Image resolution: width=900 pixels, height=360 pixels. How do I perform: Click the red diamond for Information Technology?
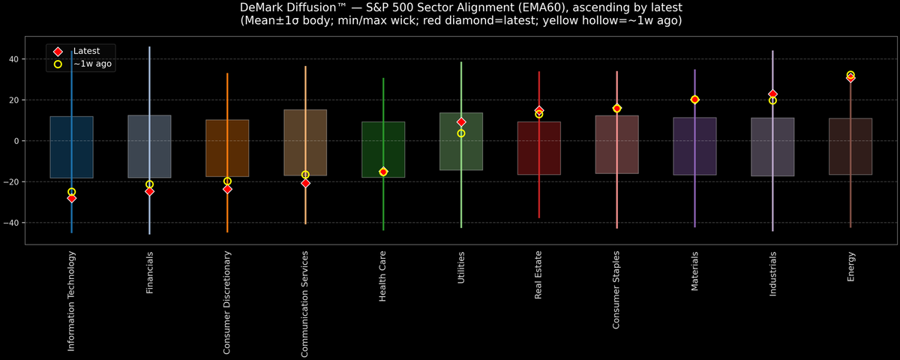[x=71, y=198]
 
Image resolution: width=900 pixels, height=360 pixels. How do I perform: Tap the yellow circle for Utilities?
[x=461, y=133]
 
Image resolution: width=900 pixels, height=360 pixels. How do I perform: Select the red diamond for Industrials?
[x=772, y=94]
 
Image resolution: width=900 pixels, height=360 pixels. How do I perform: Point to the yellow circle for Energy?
[x=850, y=75]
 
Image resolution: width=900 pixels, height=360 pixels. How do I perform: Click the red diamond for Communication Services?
[x=305, y=183]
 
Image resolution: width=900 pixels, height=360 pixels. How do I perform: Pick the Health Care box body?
[x=383, y=149]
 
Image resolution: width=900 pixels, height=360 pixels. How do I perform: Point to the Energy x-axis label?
[x=850, y=267]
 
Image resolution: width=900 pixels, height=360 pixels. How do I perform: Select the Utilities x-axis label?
[x=461, y=268]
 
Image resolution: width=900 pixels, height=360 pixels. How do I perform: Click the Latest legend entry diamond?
[x=58, y=51]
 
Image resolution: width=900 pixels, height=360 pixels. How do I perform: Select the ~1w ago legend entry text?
[x=93, y=64]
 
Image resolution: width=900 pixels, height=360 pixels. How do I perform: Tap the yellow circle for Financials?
[x=149, y=184]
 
